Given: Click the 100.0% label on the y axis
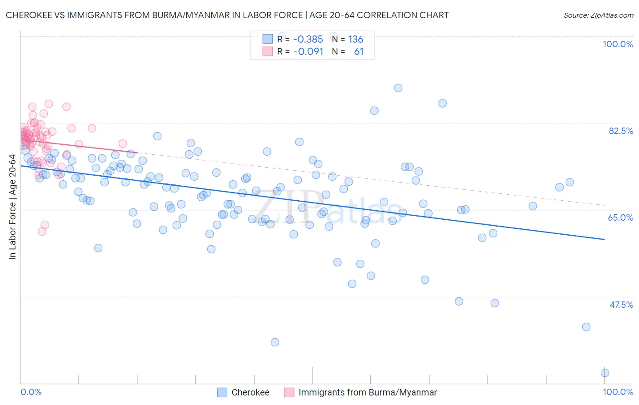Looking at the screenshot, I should point(618,44).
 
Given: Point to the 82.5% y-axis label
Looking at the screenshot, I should point(621,131).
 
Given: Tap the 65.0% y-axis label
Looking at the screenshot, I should point(620,217).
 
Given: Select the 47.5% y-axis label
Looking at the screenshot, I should point(621,305).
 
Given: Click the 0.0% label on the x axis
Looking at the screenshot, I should point(31,392).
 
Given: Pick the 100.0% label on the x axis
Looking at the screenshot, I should point(618,392).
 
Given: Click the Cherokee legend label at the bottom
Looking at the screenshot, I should point(250,393).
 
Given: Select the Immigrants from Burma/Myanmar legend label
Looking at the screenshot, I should point(367,393).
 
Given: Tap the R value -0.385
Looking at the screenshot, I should point(308,40).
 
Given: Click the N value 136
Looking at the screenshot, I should point(355,40).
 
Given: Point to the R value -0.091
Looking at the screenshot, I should point(308,52).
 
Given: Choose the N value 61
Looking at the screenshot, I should point(359,52).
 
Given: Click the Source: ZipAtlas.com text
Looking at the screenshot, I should point(598,15).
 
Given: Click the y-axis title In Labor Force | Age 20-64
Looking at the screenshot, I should point(12,207).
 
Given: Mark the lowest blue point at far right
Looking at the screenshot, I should point(605,373).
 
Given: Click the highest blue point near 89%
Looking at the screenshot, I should point(398,88).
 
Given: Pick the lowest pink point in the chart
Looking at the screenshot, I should point(42,232).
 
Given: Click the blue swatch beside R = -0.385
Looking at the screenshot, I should point(268,39).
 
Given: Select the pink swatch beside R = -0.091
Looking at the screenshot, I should point(268,51).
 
